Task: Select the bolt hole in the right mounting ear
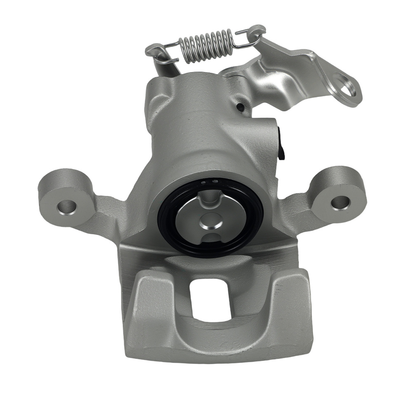(x=340, y=201)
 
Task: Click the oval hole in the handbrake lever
(x=345, y=85)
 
